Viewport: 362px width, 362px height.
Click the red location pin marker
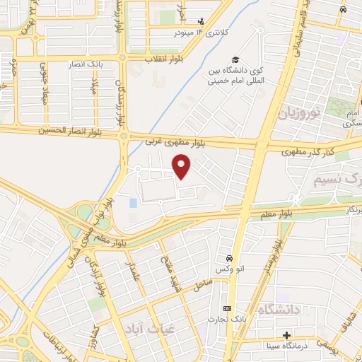(x=182, y=167)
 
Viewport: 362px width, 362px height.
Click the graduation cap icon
(x=234, y=60)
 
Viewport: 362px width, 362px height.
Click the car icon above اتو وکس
(x=228, y=259)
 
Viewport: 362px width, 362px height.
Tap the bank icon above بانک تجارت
(x=227, y=308)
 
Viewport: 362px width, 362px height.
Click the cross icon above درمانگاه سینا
(x=286, y=334)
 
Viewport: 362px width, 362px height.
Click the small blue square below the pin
(x=134, y=204)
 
